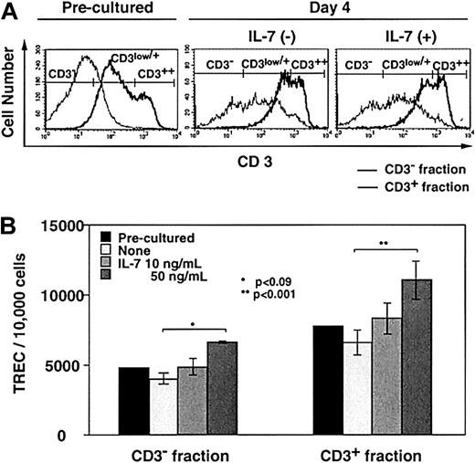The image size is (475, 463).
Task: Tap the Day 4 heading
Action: [324, 10]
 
